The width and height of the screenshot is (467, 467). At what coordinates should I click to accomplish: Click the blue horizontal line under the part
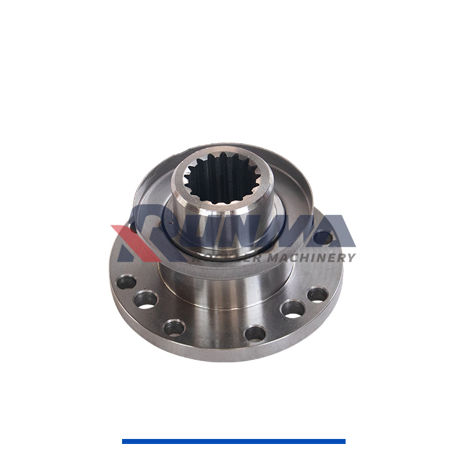pos(233,441)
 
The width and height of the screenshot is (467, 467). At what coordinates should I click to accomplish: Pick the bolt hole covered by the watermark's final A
pos(323,237)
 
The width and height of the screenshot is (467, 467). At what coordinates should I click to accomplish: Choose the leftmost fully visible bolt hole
pos(126,282)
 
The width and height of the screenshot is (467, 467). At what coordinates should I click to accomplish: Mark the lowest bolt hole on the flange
pos(255,333)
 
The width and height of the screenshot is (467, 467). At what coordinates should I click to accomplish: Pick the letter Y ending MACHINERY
pos(351,257)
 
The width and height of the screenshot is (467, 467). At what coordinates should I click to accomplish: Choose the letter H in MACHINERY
pos(303,257)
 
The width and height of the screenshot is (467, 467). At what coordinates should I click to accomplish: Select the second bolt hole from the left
pos(146,300)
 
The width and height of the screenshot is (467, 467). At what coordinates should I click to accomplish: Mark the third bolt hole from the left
pos(174,327)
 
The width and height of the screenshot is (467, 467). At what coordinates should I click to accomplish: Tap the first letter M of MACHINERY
pos(273,257)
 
